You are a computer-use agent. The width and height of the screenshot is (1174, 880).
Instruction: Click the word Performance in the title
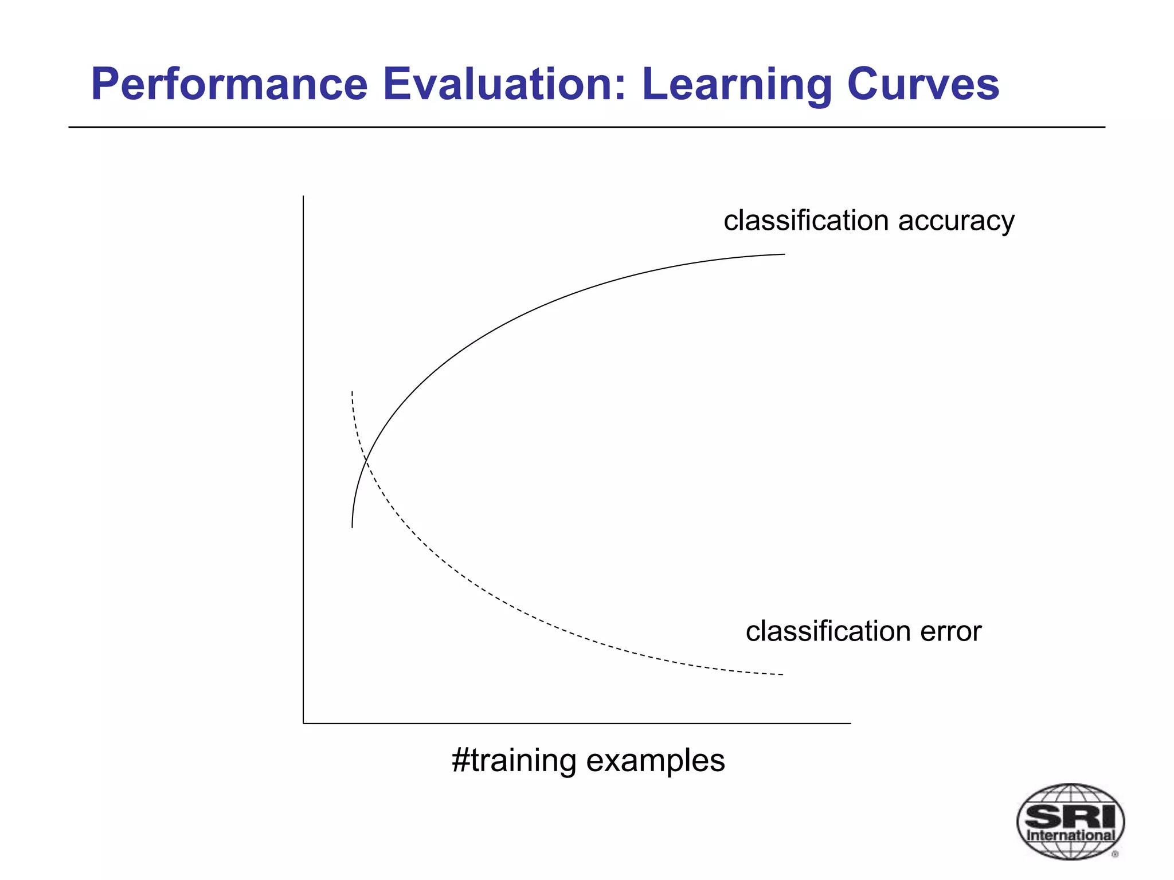pyautogui.click(x=229, y=84)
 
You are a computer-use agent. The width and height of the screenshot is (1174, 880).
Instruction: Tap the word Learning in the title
pyautogui.click(x=736, y=84)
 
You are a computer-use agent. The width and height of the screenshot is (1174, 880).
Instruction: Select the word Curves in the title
pyautogui.click(x=923, y=84)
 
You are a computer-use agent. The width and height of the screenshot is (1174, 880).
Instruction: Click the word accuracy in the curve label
pyautogui.click(x=956, y=221)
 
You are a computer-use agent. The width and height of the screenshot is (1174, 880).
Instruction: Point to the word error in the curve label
pyautogui.click(x=951, y=631)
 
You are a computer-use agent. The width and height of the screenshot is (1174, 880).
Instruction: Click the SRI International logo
pyautogui.click(x=1070, y=822)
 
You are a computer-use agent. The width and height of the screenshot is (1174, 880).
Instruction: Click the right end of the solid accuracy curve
pyautogui.click(x=784, y=254)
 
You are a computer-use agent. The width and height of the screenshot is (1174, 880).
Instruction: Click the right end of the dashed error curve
pyautogui.click(x=782, y=675)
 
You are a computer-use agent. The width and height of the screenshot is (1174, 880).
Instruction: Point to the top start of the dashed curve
pyautogui.click(x=352, y=392)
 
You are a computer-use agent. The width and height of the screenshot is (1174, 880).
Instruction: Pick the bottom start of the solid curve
pyautogui.click(x=352, y=527)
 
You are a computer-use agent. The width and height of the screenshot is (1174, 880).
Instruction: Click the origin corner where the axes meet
pyautogui.click(x=303, y=724)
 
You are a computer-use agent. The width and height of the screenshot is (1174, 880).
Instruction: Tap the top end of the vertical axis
pyautogui.click(x=303, y=197)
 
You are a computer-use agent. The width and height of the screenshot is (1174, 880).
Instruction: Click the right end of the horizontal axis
pyautogui.click(x=850, y=724)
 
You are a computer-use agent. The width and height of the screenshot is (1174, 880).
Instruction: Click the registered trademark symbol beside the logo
pyautogui.click(x=1115, y=854)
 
